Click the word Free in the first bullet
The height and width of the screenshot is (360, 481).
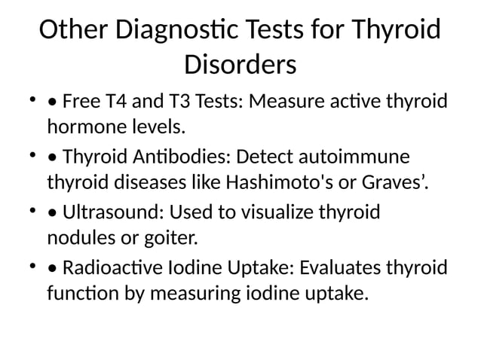pos(80,101)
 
